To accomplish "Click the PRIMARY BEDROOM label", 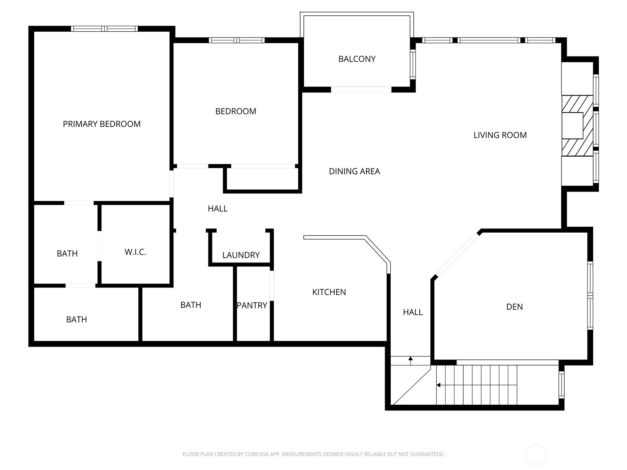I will (x=101, y=124).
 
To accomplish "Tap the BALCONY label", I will (x=357, y=59).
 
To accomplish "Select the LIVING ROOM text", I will (x=500, y=135).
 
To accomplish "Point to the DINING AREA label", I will (x=354, y=171).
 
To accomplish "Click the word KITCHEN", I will (x=329, y=292).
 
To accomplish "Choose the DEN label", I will (x=514, y=307).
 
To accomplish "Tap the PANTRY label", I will (x=252, y=305).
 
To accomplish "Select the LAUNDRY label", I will (x=241, y=255).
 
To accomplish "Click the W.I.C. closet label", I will (x=135, y=252).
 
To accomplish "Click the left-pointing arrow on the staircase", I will (x=439, y=385).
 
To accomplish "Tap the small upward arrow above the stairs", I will (x=410, y=359).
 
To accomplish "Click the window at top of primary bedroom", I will (x=104, y=29).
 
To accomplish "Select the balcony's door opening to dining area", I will (x=361, y=90).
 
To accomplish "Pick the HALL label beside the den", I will (x=413, y=312).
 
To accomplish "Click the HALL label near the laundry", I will (x=217, y=209).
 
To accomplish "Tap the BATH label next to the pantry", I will (x=190, y=305).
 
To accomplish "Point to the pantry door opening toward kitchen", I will (x=272, y=286).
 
